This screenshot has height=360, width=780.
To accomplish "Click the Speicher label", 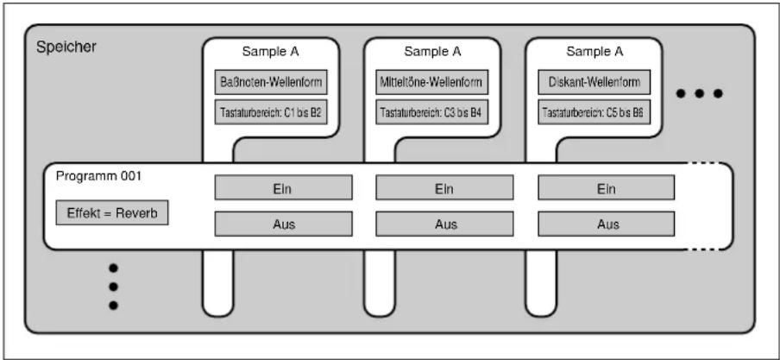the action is pos(66,48).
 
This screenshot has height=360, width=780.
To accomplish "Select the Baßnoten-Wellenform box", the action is pos(271,82).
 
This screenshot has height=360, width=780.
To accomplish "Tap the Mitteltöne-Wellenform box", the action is pos(431,82).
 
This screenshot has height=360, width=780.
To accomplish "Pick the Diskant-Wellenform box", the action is pos(594,82).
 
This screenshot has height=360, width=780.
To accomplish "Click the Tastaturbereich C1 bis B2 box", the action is pos(271,112).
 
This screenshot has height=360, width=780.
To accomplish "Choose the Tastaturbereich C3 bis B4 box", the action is pos(431,112).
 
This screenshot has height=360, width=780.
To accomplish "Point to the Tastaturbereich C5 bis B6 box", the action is pos(594,112).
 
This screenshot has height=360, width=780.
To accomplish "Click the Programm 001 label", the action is pos(99,177).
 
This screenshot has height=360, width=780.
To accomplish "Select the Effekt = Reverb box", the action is pos(112,212).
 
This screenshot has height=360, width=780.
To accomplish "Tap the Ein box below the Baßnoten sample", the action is pos(284,187).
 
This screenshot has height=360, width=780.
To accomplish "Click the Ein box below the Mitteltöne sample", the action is pos(444,187).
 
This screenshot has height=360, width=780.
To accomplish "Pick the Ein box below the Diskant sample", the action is pos(607,187).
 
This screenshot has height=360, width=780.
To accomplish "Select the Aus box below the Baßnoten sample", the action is pos(284,224).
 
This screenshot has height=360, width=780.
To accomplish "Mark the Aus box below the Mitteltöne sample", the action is pos(444,224).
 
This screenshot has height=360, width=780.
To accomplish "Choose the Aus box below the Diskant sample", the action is pos(607,224).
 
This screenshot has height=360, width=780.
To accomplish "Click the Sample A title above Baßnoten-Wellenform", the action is pos(271,51).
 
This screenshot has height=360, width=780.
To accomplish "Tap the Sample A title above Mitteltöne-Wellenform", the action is pos(432,51).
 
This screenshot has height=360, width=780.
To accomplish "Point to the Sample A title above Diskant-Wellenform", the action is pos(594,51).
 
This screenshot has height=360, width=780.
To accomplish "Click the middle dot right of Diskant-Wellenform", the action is pos(700,93).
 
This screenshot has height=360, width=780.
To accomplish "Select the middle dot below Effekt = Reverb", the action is pos(113,287).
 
